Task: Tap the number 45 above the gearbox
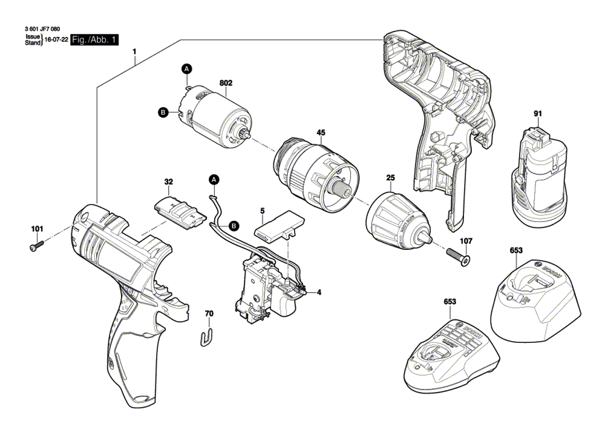[321, 132]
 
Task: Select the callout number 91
[537, 113]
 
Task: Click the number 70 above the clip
[209, 313]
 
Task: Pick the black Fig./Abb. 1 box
[94, 40]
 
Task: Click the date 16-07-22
[56, 41]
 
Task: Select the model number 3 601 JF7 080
[43, 29]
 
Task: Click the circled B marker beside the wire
[234, 226]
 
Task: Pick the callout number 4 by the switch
[319, 293]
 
